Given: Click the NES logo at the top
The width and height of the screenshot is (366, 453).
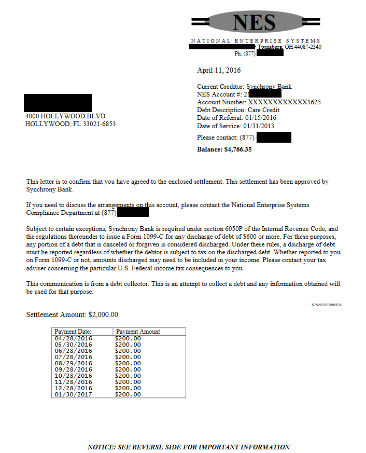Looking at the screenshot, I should (254, 22).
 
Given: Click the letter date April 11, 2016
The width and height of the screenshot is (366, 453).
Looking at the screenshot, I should (219, 70).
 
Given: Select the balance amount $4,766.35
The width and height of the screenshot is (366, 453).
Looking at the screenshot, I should (238, 149).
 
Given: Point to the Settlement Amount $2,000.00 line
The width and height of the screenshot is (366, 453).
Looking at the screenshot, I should (72, 314).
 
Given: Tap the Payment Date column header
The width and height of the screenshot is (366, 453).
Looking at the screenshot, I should (73, 332).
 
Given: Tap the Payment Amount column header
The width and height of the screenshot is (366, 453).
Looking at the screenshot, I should (138, 332).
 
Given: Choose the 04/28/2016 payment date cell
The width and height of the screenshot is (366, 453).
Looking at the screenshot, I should (73, 338).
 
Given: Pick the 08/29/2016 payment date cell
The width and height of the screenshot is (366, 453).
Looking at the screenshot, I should (73, 363).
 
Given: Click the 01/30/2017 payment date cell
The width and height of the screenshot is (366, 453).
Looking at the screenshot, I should (73, 394).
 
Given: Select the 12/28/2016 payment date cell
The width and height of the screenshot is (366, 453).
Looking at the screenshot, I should (73, 388).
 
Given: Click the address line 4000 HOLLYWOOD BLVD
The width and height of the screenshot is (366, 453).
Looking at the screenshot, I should (65, 116).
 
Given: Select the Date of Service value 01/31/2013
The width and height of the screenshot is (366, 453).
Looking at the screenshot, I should (258, 126).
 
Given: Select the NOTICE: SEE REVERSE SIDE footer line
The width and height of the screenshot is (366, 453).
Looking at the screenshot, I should (189, 447).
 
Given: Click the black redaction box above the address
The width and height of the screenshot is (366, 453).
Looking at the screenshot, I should (58, 103).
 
